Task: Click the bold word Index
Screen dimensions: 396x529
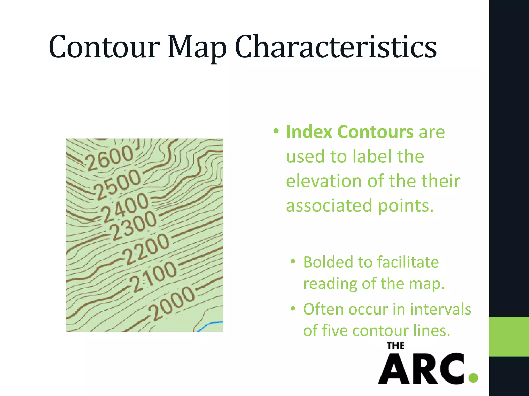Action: coord(309,132)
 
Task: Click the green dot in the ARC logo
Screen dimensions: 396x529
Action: coord(473,378)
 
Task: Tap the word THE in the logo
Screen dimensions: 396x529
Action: coord(395,346)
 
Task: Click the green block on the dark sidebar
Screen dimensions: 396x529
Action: coord(509,336)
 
